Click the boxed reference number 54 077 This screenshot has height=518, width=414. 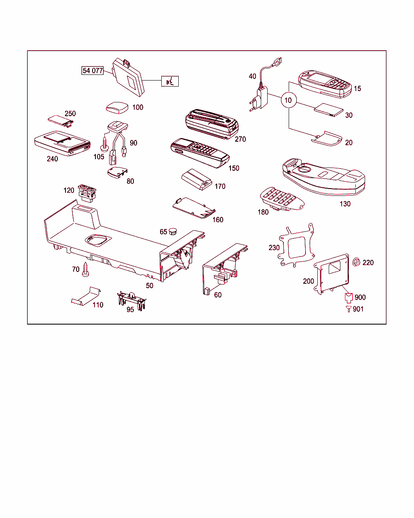tap(93, 71)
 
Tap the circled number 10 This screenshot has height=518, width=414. tap(288, 100)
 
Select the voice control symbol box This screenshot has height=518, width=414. tap(170, 81)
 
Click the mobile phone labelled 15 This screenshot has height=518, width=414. tap(325, 84)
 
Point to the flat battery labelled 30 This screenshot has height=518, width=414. tap(329, 110)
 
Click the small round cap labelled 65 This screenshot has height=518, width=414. tap(173, 231)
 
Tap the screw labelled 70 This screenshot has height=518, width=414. tap(86, 270)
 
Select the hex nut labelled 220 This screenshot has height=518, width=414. tap(357, 262)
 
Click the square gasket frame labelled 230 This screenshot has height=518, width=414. tap(298, 246)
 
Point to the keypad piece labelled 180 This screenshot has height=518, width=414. tap(281, 199)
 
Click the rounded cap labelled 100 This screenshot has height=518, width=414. tap(117, 107)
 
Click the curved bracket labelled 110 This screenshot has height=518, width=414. tap(86, 297)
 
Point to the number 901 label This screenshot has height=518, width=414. tap(358, 309)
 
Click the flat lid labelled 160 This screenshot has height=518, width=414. tap(193, 208)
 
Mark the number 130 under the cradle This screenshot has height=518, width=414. tap(345, 204)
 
